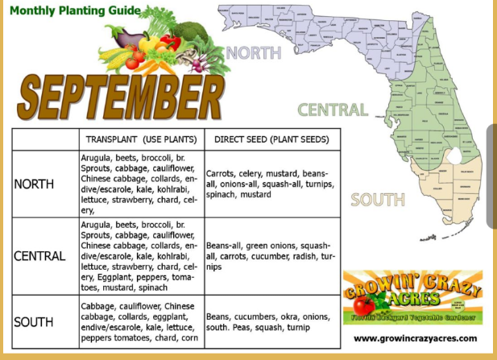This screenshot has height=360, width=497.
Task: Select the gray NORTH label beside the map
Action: point(254,53)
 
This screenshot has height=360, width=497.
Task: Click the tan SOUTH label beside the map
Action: point(377,200)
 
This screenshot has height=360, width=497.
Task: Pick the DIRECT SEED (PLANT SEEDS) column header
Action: point(271,139)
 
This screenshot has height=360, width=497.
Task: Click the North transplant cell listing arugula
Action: point(139,184)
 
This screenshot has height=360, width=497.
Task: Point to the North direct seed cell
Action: point(271,184)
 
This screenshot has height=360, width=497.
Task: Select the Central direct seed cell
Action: point(271,256)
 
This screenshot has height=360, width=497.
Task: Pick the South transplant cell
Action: point(139,322)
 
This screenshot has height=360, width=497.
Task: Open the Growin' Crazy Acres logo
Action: point(412,297)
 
